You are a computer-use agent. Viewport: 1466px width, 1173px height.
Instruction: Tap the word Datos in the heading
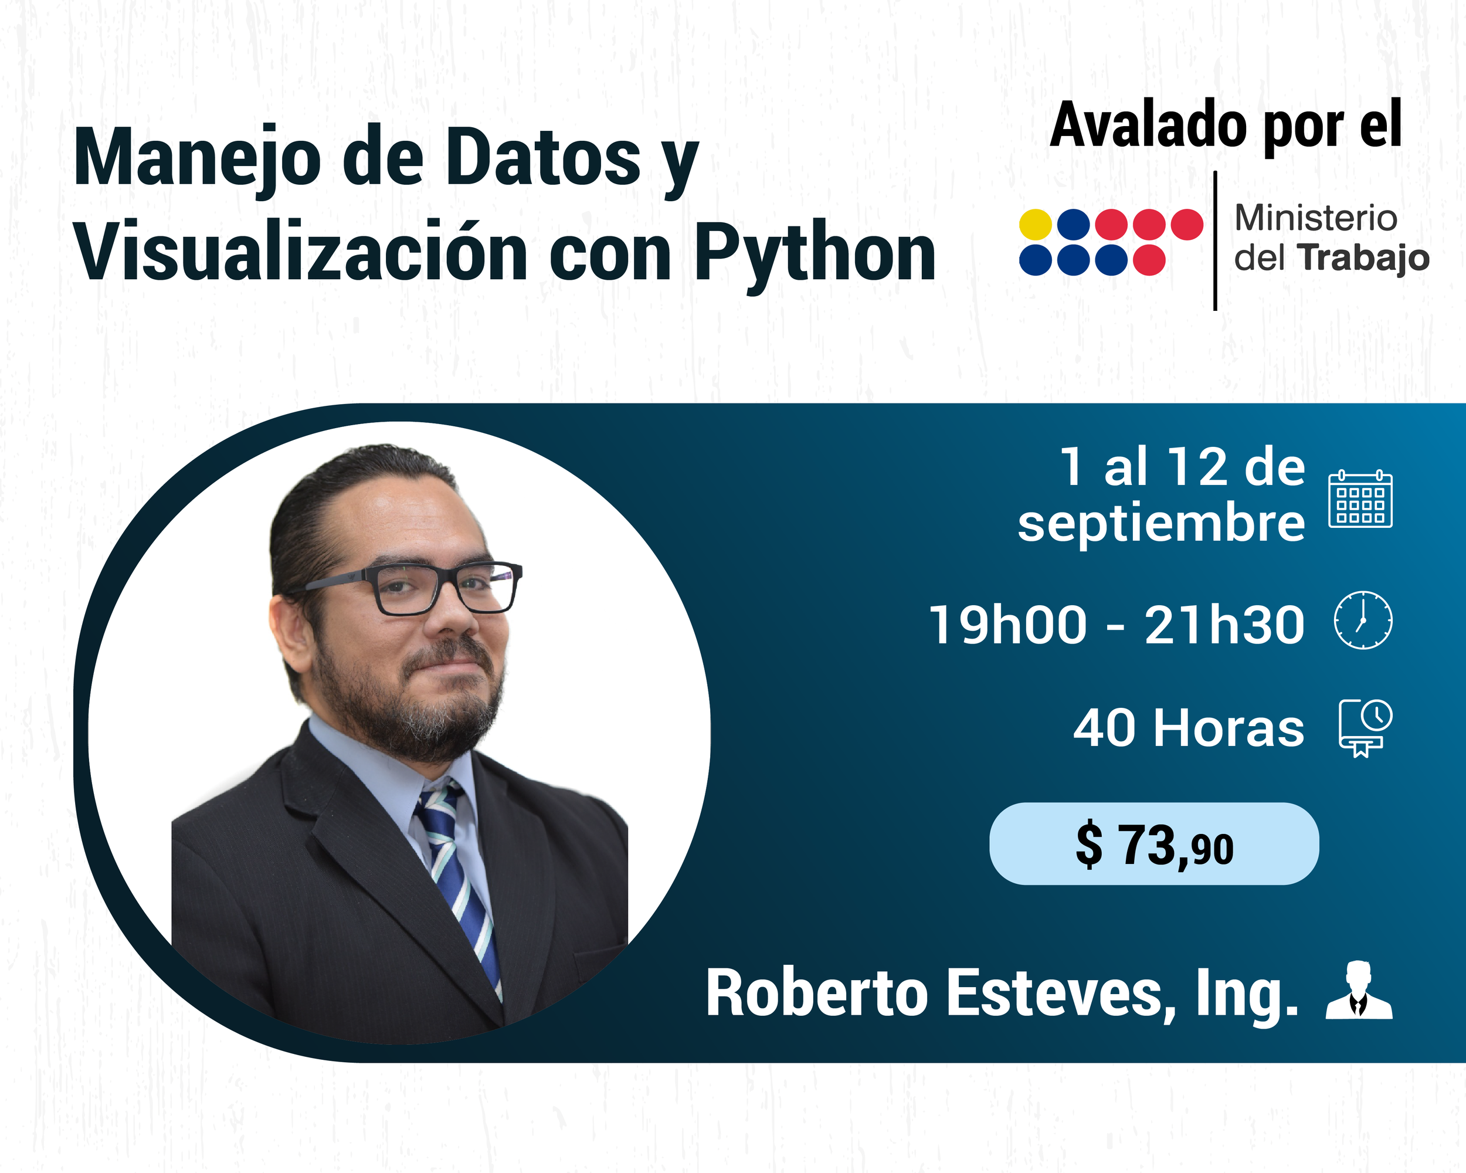click(x=542, y=158)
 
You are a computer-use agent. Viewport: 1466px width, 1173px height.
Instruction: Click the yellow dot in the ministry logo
click(x=1036, y=225)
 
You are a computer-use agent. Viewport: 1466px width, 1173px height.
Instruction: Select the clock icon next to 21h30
click(x=1363, y=620)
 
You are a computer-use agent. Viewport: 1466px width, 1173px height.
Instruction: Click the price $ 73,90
click(x=1154, y=845)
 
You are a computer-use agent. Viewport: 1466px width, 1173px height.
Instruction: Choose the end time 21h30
click(x=1224, y=625)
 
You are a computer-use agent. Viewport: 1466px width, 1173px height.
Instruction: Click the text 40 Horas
click(x=1189, y=728)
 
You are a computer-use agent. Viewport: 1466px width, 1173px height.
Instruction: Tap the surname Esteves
click(x=1061, y=995)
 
